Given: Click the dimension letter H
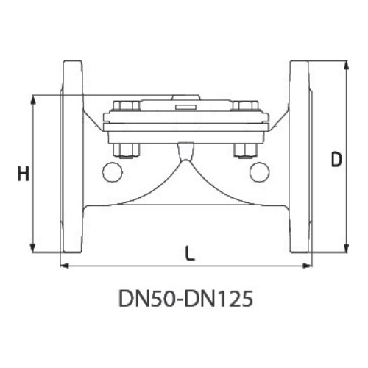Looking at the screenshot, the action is tap(24, 173).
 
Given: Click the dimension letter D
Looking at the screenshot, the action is tap(336, 160).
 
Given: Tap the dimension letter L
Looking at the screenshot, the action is tap(189, 253).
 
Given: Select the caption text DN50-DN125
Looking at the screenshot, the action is tap(185, 298).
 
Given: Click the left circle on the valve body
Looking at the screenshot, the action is tap(113, 172).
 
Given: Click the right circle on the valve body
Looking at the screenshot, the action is tap(260, 172).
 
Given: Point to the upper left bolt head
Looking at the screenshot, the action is tap(127, 105).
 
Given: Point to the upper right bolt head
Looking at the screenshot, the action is tap(245, 105).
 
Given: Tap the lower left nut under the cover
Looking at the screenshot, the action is tap(127, 151).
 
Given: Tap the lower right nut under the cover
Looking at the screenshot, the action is tap(245, 151).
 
